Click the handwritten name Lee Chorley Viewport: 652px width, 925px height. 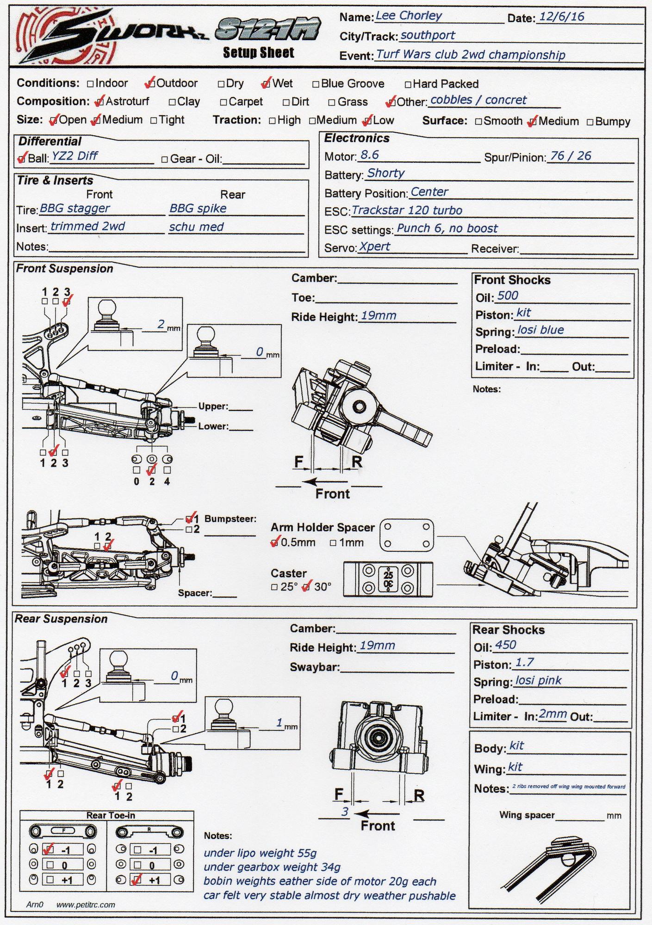409,16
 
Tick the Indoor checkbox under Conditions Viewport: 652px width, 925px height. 91,84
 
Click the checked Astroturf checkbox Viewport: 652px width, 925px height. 99,101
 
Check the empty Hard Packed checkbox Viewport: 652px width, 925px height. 408,85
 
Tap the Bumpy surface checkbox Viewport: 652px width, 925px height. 590,122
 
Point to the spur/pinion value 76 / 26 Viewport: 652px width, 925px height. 571,156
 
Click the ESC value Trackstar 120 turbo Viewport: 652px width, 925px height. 407,210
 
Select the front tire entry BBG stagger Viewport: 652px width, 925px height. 75,208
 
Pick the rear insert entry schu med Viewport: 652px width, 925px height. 196,227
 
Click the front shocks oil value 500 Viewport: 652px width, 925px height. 508,296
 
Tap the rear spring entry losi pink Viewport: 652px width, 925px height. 538,680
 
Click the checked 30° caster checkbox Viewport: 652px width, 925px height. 306,587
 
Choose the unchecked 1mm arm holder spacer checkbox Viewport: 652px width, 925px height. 333,543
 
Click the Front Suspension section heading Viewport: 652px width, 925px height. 64,269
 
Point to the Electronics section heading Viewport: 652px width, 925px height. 357,138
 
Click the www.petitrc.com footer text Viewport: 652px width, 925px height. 86,905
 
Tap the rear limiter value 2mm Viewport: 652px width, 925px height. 553,715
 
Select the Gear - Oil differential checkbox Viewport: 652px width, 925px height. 165,159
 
